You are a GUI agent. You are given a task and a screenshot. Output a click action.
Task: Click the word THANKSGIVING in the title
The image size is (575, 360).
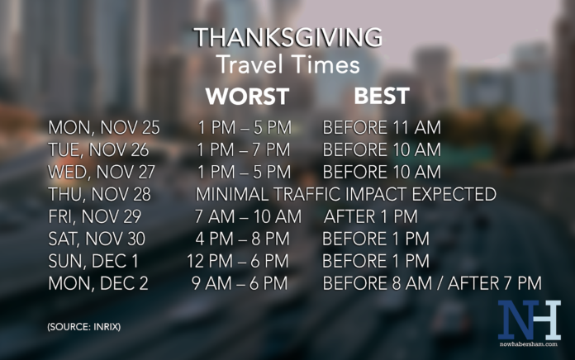pyautogui.click(x=287, y=38)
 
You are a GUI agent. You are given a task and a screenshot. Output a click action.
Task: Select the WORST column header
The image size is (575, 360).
pyautogui.click(x=247, y=97)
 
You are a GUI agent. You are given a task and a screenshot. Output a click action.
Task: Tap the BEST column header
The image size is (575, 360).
pyautogui.click(x=381, y=96)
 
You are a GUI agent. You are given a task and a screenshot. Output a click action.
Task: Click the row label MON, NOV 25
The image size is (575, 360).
pyautogui.click(x=104, y=128)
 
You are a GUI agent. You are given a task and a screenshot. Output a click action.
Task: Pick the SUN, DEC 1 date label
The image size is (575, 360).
pyautogui.click(x=93, y=262)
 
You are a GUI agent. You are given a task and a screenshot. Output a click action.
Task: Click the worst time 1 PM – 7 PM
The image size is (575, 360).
pyautogui.click(x=245, y=150)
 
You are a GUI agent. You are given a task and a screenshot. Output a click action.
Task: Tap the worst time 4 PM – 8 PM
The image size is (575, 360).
pyautogui.click(x=244, y=239)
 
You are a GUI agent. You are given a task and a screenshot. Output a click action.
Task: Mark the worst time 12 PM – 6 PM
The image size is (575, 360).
pyautogui.click(x=238, y=262)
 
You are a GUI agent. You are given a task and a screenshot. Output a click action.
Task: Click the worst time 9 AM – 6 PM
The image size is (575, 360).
pyautogui.click(x=240, y=284)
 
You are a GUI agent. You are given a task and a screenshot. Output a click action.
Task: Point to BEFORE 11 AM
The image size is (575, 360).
pyautogui.click(x=382, y=128)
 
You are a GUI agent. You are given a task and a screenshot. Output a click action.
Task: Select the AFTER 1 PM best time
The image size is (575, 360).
pyautogui.click(x=371, y=217)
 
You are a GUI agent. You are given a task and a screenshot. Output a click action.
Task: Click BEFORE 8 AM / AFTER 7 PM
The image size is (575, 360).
pyautogui.click(x=432, y=284)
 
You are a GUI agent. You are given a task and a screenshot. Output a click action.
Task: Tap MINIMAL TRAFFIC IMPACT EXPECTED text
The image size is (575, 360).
pyautogui.click(x=345, y=195)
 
